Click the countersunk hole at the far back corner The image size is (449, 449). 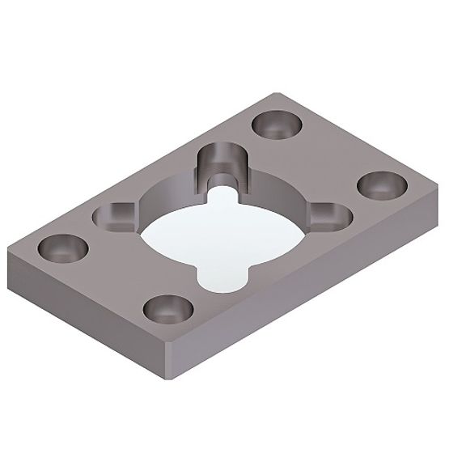276,125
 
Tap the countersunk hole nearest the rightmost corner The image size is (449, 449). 379,185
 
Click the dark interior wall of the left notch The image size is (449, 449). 107,215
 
